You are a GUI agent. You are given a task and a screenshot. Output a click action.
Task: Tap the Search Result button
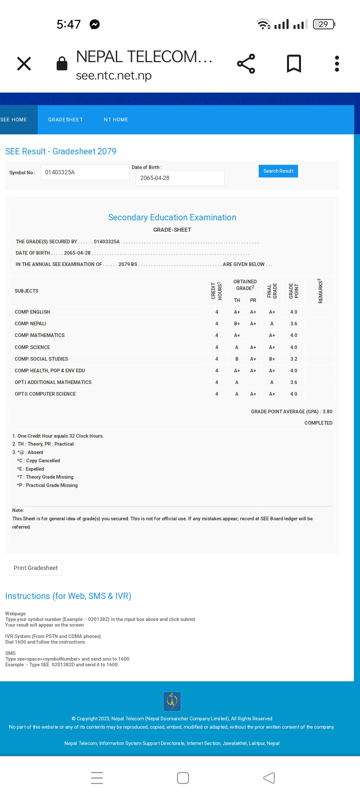[278, 171]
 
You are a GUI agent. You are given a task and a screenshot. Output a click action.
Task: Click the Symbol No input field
[85, 172]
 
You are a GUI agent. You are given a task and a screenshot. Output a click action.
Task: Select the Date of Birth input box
[180, 178]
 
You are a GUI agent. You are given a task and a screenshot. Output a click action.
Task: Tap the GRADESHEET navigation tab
[65, 120]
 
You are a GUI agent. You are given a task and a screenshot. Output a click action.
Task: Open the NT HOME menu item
[116, 120]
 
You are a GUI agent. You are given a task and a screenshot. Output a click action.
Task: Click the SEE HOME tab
[14, 120]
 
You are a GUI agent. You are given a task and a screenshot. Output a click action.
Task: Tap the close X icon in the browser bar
[24, 64]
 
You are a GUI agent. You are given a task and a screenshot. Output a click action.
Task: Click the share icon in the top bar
[246, 64]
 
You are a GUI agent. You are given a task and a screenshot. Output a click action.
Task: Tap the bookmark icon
[294, 64]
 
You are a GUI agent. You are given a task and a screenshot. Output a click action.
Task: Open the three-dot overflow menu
[337, 64]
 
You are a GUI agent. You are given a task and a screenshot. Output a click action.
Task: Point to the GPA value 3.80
[327, 412]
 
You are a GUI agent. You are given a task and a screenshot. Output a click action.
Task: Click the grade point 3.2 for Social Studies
[294, 359]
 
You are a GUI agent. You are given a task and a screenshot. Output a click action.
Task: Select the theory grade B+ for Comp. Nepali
[237, 324]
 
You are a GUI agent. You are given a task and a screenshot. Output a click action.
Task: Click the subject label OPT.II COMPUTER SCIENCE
[45, 394]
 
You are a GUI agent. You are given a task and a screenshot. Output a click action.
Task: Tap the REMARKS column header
[320, 291]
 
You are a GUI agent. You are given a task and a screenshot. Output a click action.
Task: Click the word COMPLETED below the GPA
[318, 423]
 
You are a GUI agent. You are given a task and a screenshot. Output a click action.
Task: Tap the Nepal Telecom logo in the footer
[172, 701]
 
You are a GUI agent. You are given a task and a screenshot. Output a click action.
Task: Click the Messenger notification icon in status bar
[95, 24]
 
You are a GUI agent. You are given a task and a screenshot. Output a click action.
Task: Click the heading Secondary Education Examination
[172, 217]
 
